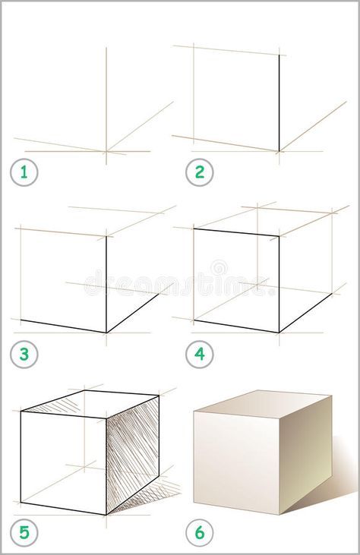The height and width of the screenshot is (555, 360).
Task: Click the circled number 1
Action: tap(24, 172)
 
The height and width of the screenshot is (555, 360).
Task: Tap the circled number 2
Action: tap(200, 172)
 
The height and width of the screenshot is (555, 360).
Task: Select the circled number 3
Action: tap(24, 354)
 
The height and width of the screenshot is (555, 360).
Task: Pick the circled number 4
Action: tap(200, 354)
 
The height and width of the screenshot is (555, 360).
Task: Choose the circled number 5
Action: tap(24, 532)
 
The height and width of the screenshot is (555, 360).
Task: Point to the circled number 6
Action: tap(200, 532)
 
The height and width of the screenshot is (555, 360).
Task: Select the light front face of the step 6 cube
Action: tap(236, 459)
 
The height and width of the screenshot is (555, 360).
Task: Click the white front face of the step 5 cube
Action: tap(62, 459)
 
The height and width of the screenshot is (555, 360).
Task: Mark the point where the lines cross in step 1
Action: tap(106, 151)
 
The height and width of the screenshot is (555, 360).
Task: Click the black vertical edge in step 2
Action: tap(279, 102)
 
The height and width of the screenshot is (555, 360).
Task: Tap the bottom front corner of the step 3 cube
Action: tap(106, 332)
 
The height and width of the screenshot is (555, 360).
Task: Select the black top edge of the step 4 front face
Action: tap(236, 232)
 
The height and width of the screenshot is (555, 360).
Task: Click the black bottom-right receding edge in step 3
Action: tap(133, 313)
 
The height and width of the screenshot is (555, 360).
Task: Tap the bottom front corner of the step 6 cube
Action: tap(279, 514)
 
